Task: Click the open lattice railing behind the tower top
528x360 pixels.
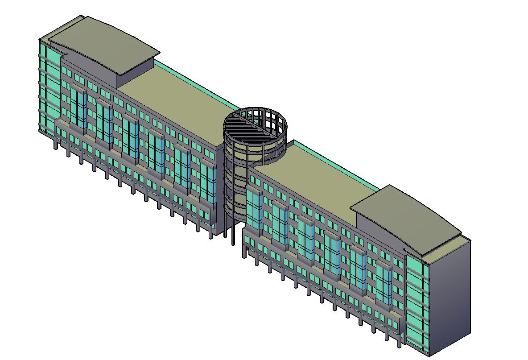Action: tap(268, 117)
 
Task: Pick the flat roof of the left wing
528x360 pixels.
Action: tap(178, 103)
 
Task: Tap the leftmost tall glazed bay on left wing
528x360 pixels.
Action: tap(78, 107)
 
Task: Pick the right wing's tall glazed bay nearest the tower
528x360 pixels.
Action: tap(254, 210)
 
